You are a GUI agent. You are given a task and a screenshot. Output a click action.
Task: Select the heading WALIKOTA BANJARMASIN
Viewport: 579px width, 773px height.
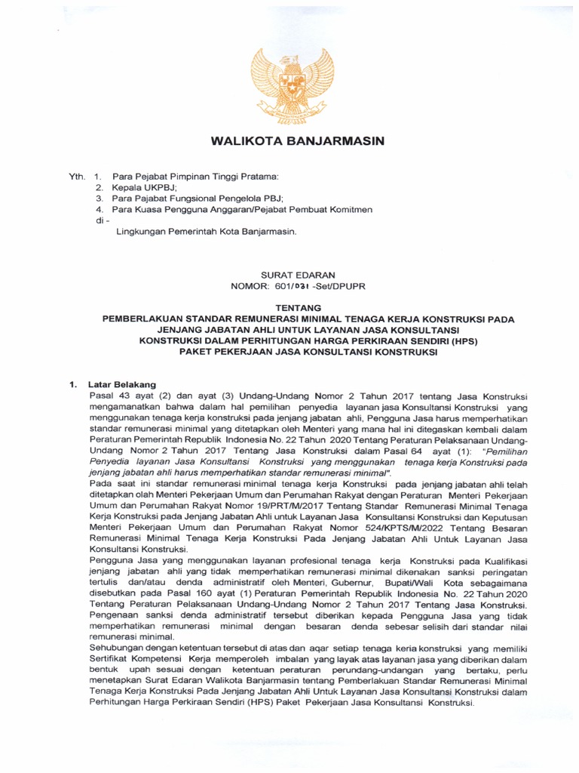tap(297, 141)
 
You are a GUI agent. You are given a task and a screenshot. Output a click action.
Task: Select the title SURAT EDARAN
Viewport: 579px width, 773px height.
tap(297, 276)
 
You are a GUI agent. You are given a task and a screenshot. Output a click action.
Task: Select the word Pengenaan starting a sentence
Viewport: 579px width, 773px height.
tap(115, 627)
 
